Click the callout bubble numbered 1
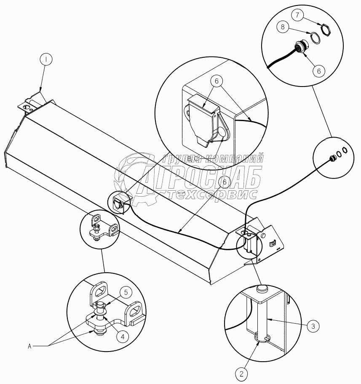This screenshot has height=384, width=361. coord(46,60)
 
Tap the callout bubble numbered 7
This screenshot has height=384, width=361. coord(298,16)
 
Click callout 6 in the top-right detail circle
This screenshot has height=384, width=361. coord(318,71)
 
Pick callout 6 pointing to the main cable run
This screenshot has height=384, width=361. coord(225,182)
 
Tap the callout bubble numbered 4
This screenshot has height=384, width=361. coord(123,337)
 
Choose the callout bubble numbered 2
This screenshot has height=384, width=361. coord(241,373)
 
